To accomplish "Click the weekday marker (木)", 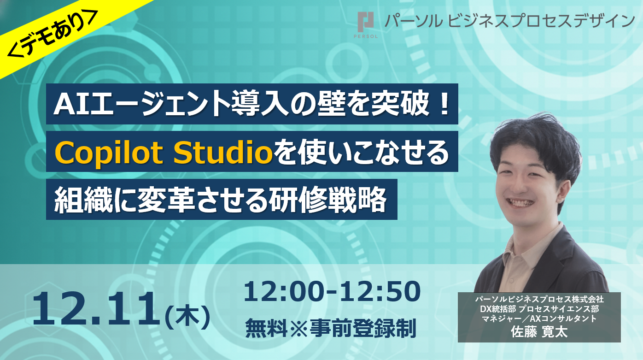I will click(187, 316).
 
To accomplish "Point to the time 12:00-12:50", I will click(332, 292).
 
